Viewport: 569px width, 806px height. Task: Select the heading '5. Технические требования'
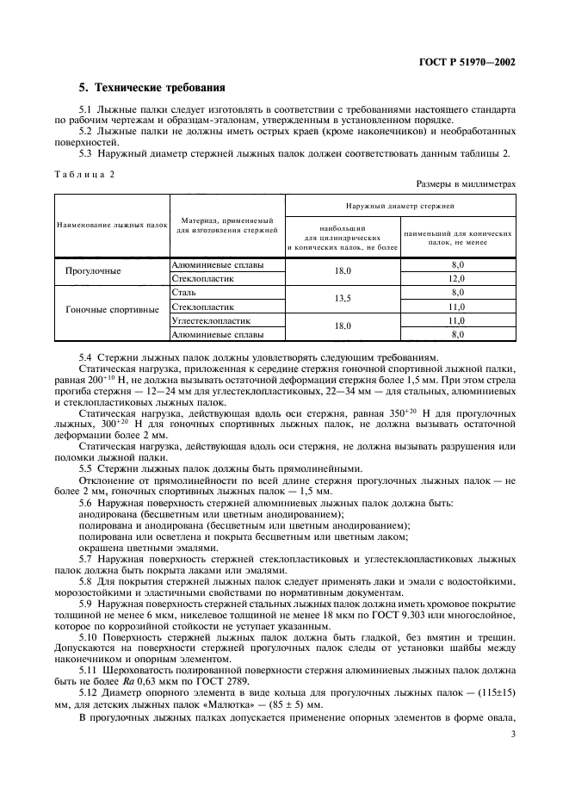152,88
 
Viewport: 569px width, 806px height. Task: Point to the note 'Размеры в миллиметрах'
466,183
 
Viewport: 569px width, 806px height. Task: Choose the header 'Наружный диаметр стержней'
400,207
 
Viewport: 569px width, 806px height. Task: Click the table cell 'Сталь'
184,293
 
